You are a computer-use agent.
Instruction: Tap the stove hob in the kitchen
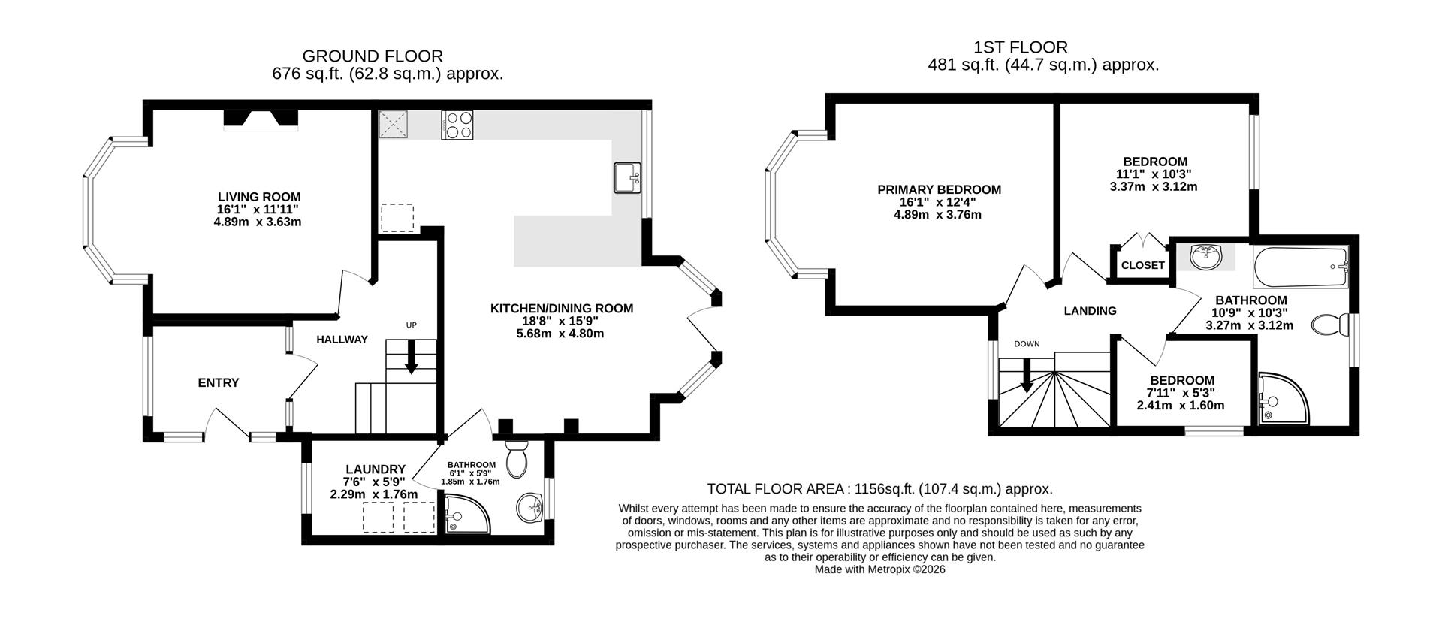(x=458, y=125)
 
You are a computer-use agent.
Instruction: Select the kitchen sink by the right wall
(x=627, y=177)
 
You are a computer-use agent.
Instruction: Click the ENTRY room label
(x=219, y=382)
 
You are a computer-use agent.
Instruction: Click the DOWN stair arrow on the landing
(x=1026, y=376)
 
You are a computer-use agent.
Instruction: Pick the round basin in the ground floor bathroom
(x=530, y=508)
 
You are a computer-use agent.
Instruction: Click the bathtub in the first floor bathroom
(x=1302, y=267)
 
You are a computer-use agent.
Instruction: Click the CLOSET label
(x=1142, y=265)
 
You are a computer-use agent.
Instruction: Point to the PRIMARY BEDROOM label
(x=939, y=189)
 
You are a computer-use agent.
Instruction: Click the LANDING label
(x=1090, y=310)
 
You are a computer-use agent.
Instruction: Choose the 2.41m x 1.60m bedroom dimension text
(x=1181, y=405)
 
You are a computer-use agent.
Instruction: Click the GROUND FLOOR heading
(x=373, y=56)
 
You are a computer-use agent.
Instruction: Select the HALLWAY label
(x=342, y=339)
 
